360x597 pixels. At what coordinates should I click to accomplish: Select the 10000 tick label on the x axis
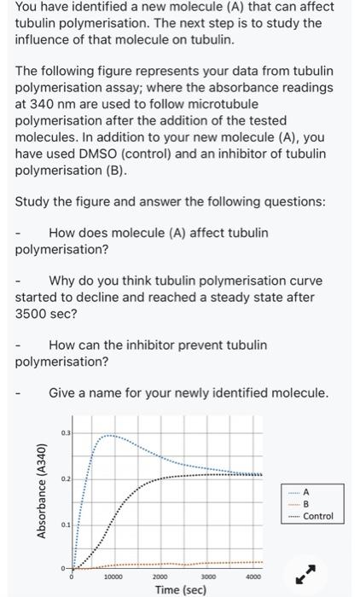115,577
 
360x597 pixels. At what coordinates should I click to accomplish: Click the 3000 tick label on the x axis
213,577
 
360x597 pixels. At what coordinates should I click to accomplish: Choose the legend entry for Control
317,516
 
